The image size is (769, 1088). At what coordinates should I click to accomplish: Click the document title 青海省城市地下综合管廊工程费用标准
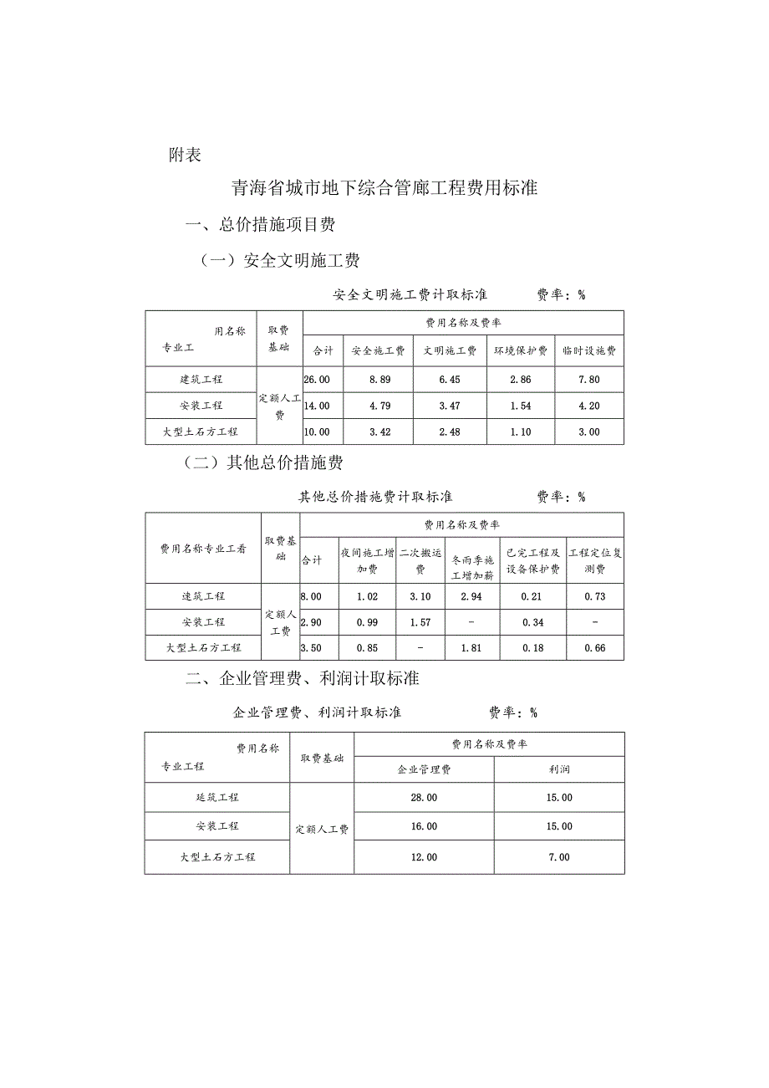[x=384, y=188]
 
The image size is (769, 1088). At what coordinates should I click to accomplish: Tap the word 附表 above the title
[x=185, y=156]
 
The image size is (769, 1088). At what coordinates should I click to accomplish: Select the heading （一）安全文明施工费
[x=279, y=261]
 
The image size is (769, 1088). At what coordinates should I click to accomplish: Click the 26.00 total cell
[x=317, y=380]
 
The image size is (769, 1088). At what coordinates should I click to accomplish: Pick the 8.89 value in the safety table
[x=379, y=380]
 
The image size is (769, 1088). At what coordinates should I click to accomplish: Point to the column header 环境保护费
[x=520, y=351]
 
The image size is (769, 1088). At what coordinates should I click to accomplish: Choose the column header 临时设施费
[x=588, y=351]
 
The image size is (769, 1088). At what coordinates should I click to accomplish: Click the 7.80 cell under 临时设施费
[x=588, y=380]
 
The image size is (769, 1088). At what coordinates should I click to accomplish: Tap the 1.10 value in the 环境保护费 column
[x=520, y=432]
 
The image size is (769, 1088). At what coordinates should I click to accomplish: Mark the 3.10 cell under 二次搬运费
[x=420, y=597]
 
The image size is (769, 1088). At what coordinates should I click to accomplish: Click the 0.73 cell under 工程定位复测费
[x=595, y=597]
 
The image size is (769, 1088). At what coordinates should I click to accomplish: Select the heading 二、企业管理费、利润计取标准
[x=302, y=679]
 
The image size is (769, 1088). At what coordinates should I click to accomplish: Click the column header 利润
[x=559, y=769]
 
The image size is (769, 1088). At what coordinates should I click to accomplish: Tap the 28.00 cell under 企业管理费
[x=424, y=798]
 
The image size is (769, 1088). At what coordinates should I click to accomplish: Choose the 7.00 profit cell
[x=559, y=857]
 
